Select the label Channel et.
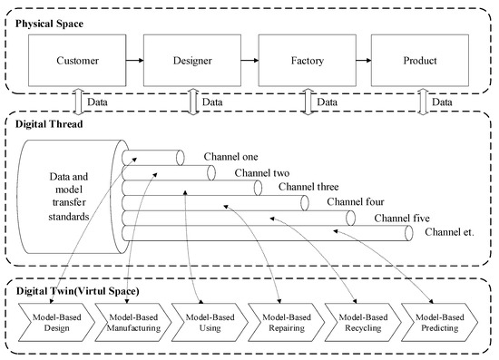(x=449, y=234)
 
